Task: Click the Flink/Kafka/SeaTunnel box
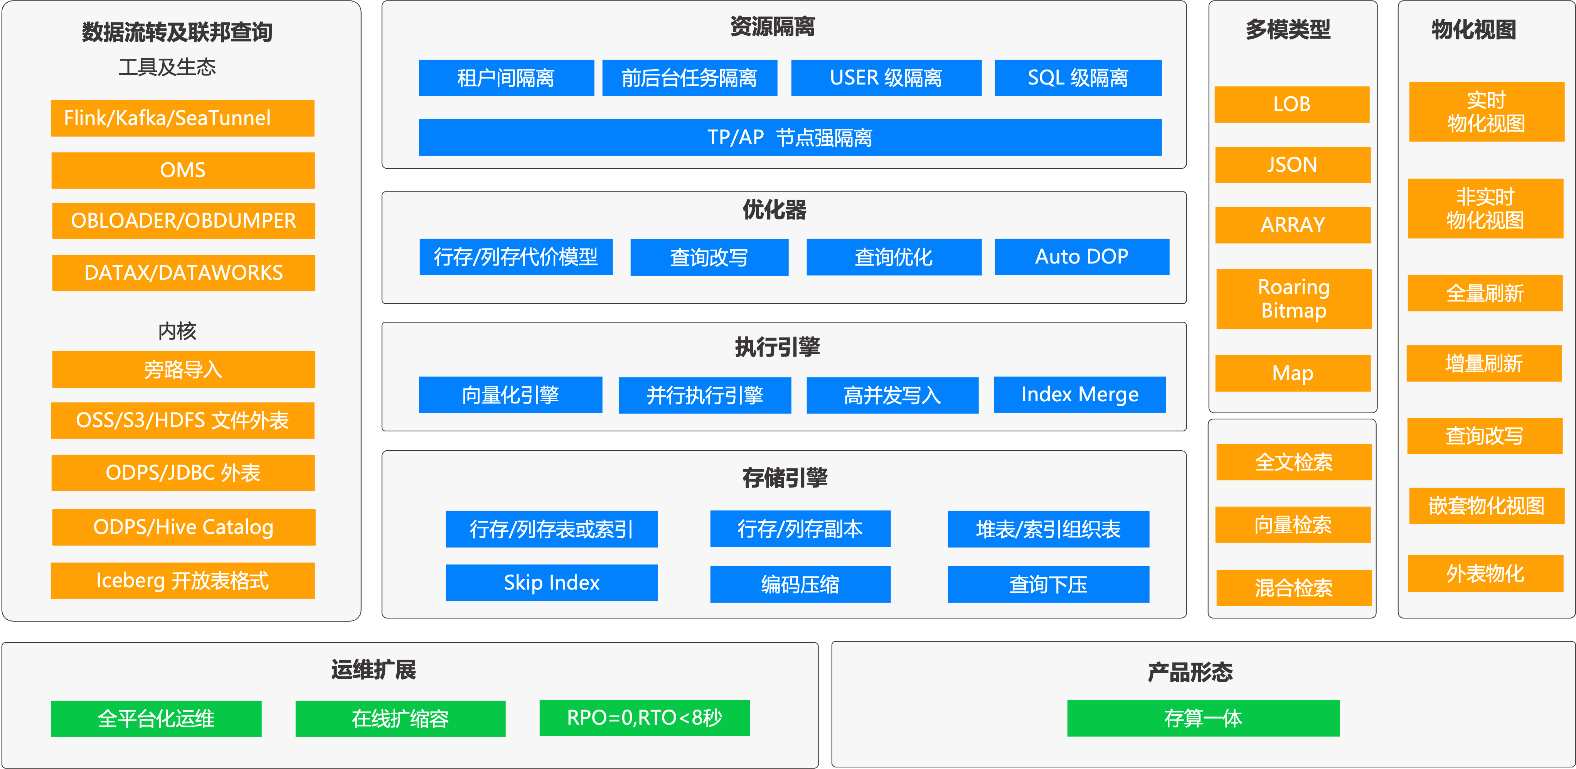coord(183,118)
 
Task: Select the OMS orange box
coord(183,170)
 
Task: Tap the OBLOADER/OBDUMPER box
coord(184,221)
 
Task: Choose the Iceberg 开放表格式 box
coord(183,580)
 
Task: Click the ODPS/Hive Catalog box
coord(184,527)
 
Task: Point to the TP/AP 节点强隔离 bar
coord(790,138)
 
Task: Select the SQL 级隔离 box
coord(1078,78)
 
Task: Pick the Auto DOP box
coord(1082,257)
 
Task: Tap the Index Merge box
coord(1080,395)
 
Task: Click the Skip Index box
coord(552,583)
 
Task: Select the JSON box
coord(1293,165)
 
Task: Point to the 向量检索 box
coord(1293,525)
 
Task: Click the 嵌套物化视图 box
coord(1487,506)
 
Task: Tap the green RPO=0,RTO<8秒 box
coord(645,718)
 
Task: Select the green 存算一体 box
coord(1204,719)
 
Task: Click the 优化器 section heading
coord(775,210)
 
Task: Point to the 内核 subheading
coord(177,331)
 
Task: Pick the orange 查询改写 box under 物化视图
coord(1485,436)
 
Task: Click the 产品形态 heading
coord(1190,672)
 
